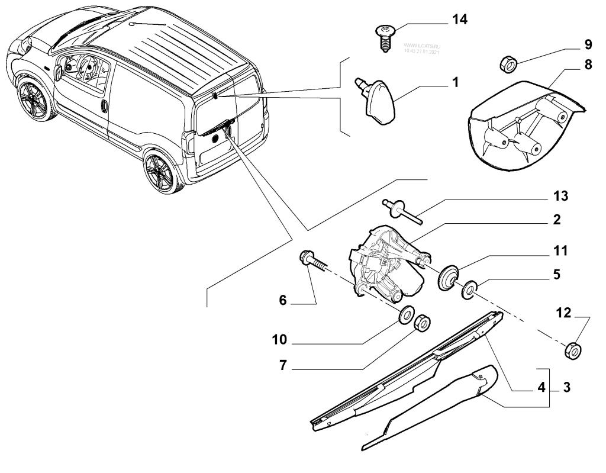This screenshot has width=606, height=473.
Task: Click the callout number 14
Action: click(459, 20)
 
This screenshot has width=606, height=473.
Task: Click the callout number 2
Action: click(556, 220)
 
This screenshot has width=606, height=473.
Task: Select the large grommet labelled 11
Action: click(448, 278)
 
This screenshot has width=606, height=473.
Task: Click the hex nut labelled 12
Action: click(572, 350)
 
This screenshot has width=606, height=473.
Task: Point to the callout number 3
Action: click(567, 389)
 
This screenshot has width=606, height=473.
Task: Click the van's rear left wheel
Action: click(159, 173)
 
